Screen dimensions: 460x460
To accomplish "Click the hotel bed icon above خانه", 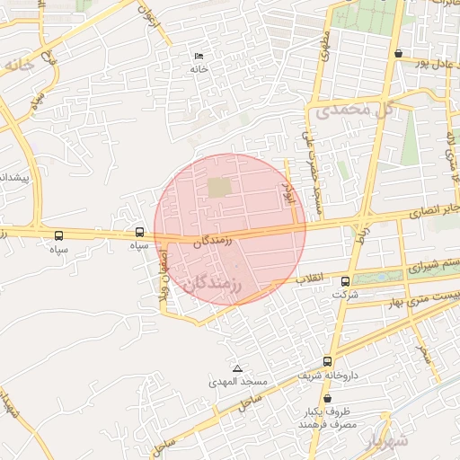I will click(x=199, y=57).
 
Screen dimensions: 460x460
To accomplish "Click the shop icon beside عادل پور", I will click(x=398, y=53).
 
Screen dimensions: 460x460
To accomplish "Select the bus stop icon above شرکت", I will click(x=346, y=281).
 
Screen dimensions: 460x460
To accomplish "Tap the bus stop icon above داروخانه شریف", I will click(x=327, y=361).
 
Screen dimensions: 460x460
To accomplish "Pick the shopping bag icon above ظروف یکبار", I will click(x=326, y=398).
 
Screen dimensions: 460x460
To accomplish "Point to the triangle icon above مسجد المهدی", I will click(x=237, y=369).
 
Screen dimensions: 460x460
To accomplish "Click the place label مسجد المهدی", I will click(x=239, y=383).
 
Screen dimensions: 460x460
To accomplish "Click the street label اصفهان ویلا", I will click(x=163, y=279).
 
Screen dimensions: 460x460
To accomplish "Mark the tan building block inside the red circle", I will click(x=219, y=187).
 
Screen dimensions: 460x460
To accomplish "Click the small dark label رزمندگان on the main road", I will click(x=212, y=241).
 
